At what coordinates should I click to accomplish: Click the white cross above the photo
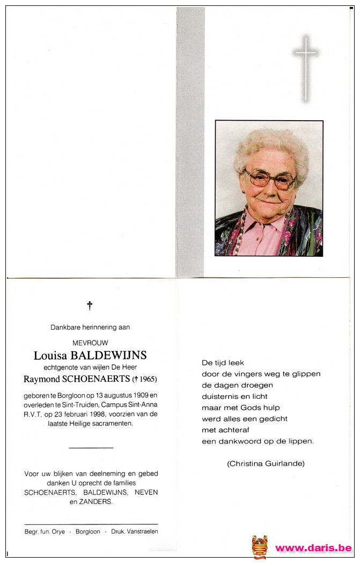tap(305, 68)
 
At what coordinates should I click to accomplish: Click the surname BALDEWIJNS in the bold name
tap(113, 355)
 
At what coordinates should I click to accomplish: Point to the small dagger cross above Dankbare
tap(90, 306)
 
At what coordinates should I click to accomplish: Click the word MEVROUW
tap(90, 343)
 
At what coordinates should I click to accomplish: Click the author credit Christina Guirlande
tap(266, 463)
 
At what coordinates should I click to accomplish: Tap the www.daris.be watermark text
tap(313, 548)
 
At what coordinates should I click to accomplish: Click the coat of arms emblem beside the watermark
tap(260, 546)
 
